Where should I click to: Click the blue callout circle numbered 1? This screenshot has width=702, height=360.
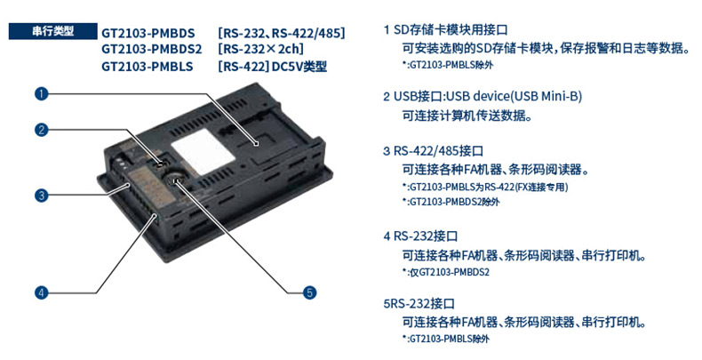tap(41, 93)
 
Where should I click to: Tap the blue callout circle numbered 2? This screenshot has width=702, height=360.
tap(41, 130)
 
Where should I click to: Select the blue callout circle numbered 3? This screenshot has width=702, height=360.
tap(41, 196)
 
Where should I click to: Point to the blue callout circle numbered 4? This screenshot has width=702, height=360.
tap(41, 292)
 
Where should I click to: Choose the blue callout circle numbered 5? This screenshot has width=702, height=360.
tap(309, 292)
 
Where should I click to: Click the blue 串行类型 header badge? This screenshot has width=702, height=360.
tap(52, 31)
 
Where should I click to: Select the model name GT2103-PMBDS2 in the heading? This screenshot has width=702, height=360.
tap(152, 49)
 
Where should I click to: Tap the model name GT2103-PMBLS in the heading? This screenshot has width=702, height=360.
tap(148, 67)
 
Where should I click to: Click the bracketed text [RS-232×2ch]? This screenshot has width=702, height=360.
tap(260, 49)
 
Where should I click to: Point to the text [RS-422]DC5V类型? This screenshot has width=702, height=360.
tap(272, 67)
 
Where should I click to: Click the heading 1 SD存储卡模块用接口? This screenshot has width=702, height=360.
tap(445, 30)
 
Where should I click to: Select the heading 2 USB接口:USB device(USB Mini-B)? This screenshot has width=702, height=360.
tap(483, 96)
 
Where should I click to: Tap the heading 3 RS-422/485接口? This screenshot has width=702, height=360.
tap(433, 151)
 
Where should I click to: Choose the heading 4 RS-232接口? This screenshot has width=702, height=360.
tap(420, 236)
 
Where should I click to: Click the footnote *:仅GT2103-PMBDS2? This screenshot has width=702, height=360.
tap(445, 272)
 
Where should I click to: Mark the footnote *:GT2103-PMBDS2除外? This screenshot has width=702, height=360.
tap(451, 202)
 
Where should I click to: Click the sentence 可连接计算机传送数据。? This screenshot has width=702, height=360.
tap(467, 116)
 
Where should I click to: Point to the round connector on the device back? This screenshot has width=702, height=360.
tap(176, 179)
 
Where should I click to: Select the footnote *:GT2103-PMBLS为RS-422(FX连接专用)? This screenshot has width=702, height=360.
tap(485, 187)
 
